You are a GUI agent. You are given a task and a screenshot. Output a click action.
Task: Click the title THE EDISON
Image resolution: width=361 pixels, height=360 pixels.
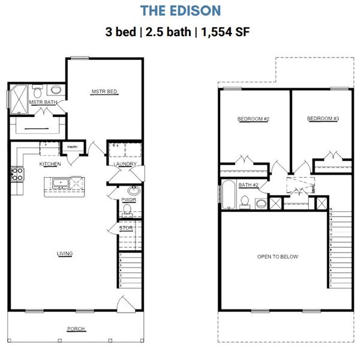pos(180,11)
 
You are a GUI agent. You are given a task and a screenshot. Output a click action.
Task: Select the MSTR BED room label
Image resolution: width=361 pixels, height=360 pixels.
pos(104,92)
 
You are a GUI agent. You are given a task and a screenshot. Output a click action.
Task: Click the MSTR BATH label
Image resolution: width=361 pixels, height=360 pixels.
pos(43,102)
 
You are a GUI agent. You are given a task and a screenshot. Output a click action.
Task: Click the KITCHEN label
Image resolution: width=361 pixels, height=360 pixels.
pos(50,164)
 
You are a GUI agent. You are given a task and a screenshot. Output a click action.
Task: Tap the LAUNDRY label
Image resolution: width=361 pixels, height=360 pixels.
pos(125,164)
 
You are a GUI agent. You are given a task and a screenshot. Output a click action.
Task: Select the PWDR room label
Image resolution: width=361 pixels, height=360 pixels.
pos(128,199)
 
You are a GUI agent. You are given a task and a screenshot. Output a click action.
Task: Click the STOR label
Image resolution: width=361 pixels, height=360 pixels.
pos(126,228)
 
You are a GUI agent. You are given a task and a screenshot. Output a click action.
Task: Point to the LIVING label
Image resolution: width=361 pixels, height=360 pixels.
pos(65,254)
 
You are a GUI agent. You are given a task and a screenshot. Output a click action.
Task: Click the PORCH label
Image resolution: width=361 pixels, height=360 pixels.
pos(76,329)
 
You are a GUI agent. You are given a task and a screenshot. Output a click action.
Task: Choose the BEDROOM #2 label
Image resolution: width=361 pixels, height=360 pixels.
pos(253,119)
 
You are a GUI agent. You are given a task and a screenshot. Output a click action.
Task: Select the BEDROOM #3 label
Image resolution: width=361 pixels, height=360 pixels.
pos(323,119)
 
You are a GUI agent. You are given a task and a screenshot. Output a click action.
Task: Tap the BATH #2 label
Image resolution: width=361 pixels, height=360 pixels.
pos(248,185)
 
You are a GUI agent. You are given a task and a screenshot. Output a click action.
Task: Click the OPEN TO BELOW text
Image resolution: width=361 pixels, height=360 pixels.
pos(278,257)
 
